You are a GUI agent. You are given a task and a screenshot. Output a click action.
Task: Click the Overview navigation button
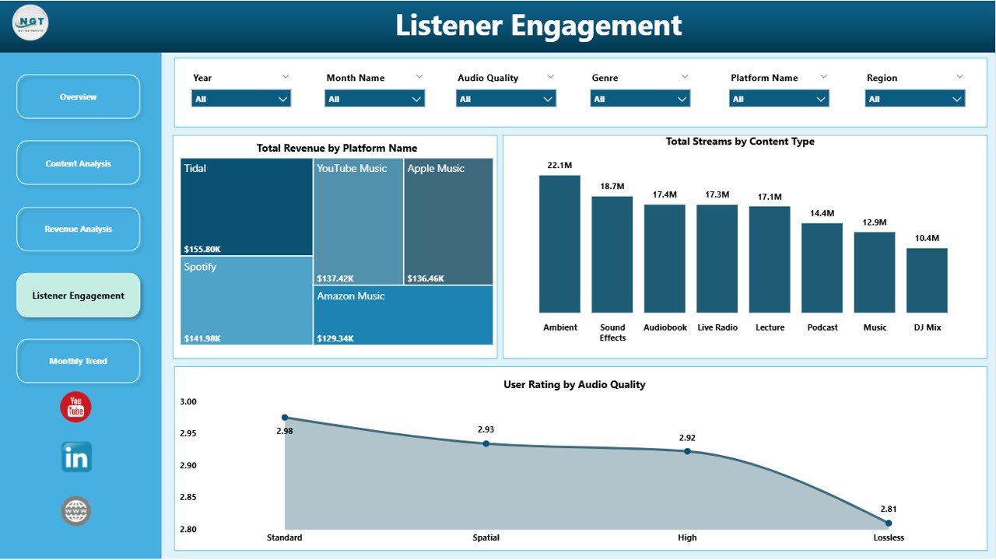click(x=78, y=97)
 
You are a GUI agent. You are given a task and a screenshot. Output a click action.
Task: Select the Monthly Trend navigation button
click(x=78, y=361)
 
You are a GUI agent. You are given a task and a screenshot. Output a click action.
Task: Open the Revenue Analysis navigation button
click(x=78, y=229)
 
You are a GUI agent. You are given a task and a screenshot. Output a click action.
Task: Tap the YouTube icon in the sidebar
click(x=75, y=408)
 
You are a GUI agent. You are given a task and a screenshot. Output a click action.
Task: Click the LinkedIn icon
click(x=76, y=457)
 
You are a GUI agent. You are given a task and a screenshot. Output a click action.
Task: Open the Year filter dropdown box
click(x=241, y=99)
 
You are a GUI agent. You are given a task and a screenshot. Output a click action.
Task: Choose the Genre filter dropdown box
click(x=640, y=99)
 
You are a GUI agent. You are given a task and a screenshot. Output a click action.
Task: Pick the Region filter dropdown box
click(x=915, y=99)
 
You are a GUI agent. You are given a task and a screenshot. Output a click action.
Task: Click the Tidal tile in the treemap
click(x=247, y=207)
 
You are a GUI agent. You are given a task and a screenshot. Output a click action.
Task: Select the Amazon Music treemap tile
click(x=403, y=315)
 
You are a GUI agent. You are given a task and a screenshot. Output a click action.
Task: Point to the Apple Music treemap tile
click(x=448, y=222)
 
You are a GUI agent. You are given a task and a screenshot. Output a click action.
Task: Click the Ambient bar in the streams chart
click(x=559, y=244)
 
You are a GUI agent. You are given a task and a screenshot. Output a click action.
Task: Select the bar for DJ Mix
click(x=927, y=280)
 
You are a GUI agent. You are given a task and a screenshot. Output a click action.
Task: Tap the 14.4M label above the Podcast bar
click(x=822, y=213)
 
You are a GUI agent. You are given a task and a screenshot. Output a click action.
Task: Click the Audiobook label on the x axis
click(x=665, y=327)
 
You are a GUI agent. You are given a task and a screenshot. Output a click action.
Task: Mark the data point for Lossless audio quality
click(x=889, y=523)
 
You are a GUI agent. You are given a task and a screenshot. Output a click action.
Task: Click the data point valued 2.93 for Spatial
click(x=486, y=443)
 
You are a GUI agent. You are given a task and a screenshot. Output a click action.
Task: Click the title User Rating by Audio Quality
click(x=574, y=384)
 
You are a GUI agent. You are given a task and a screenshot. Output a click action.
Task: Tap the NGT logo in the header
click(x=31, y=23)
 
